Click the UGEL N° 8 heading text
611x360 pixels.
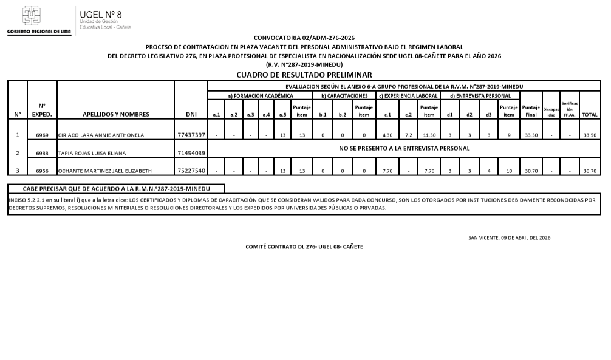click(100, 14)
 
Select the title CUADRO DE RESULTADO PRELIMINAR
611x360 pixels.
click(304, 75)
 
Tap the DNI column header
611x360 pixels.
click(191, 114)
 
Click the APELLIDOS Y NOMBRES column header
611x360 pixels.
click(115, 114)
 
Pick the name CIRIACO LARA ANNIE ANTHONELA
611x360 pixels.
click(101, 135)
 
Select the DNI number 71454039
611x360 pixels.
click(191, 154)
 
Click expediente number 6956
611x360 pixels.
click(42, 171)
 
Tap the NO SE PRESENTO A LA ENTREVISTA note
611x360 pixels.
click(404, 148)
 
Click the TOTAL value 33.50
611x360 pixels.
click(589, 135)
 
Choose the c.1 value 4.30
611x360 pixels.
click(387, 135)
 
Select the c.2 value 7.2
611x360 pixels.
click(408, 135)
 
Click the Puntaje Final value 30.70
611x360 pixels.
click(531, 171)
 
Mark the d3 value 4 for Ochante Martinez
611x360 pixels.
click(488, 171)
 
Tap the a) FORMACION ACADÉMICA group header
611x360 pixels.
click(260, 96)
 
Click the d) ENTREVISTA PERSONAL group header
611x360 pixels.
click(480, 96)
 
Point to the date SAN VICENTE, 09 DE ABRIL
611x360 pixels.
click(509, 237)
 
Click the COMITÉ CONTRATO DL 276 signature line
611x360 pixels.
click(304, 246)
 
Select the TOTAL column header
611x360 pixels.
click(589, 114)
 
